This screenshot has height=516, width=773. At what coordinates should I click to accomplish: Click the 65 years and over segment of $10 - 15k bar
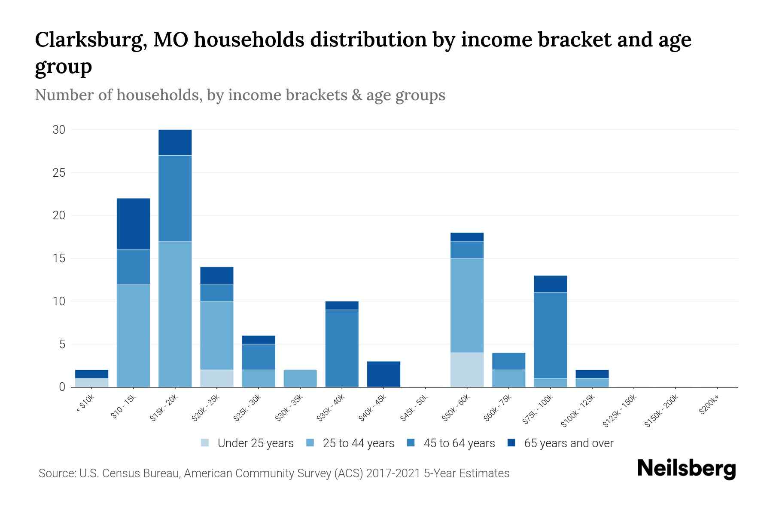[133, 224]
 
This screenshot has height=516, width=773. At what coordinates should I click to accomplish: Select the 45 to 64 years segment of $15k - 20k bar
[175, 198]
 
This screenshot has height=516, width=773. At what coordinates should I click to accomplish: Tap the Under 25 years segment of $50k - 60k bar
[467, 370]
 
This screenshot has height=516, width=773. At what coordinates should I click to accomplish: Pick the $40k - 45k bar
[383, 374]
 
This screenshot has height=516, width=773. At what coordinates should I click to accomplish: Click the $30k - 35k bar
[300, 378]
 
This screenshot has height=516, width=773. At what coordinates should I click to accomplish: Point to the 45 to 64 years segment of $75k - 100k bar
[550, 335]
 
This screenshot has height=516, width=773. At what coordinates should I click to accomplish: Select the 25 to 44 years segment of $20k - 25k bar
[216, 335]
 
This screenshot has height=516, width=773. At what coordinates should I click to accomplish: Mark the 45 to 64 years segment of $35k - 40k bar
[342, 348]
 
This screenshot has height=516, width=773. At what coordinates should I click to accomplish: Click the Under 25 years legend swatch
[205, 443]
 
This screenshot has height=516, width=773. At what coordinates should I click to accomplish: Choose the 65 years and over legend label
[569, 443]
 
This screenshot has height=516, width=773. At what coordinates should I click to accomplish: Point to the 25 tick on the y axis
[59, 173]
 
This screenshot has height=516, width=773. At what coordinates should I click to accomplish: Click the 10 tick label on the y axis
[59, 301]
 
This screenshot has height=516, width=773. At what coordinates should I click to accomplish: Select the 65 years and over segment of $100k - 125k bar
[592, 374]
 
